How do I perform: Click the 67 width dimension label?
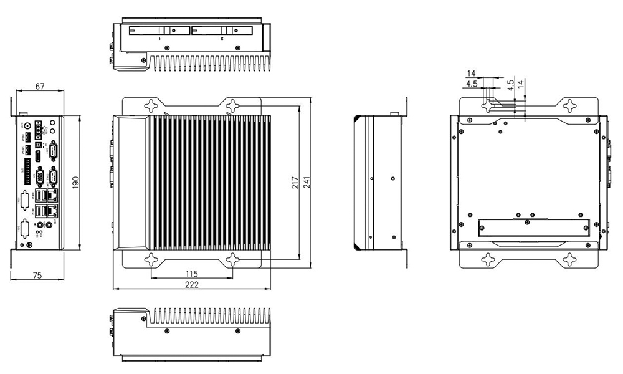pyautogui.click(x=39, y=87)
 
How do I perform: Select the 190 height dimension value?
pyautogui.click(x=75, y=183)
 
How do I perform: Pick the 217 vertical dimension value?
pyautogui.click(x=296, y=182)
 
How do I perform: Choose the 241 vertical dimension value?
pyautogui.click(x=307, y=182)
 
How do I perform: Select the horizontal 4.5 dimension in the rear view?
pyautogui.click(x=471, y=83)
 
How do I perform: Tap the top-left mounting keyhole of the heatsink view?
pyautogui.click(x=151, y=105)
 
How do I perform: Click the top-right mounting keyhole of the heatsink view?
pyautogui.click(x=232, y=105)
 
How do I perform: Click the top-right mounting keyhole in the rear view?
pyautogui.click(x=569, y=105)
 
